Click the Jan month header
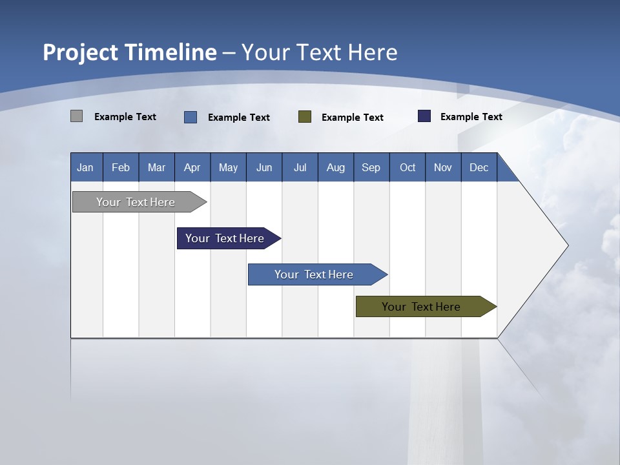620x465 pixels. [86, 167]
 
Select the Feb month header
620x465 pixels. [121, 167]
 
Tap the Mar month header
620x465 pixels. [156, 167]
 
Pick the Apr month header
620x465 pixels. [192, 167]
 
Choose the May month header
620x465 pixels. [228, 167]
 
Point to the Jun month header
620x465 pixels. [264, 167]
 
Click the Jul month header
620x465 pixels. [300, 167]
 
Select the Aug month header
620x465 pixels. [336, 167]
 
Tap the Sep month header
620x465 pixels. [371, 167]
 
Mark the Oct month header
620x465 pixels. [408, 167]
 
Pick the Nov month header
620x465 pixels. [443, 167]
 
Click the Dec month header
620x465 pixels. [479, 167]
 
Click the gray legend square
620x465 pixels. [77, 116]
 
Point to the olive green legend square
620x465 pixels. [305, 117]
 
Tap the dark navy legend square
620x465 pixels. [424, 116]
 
